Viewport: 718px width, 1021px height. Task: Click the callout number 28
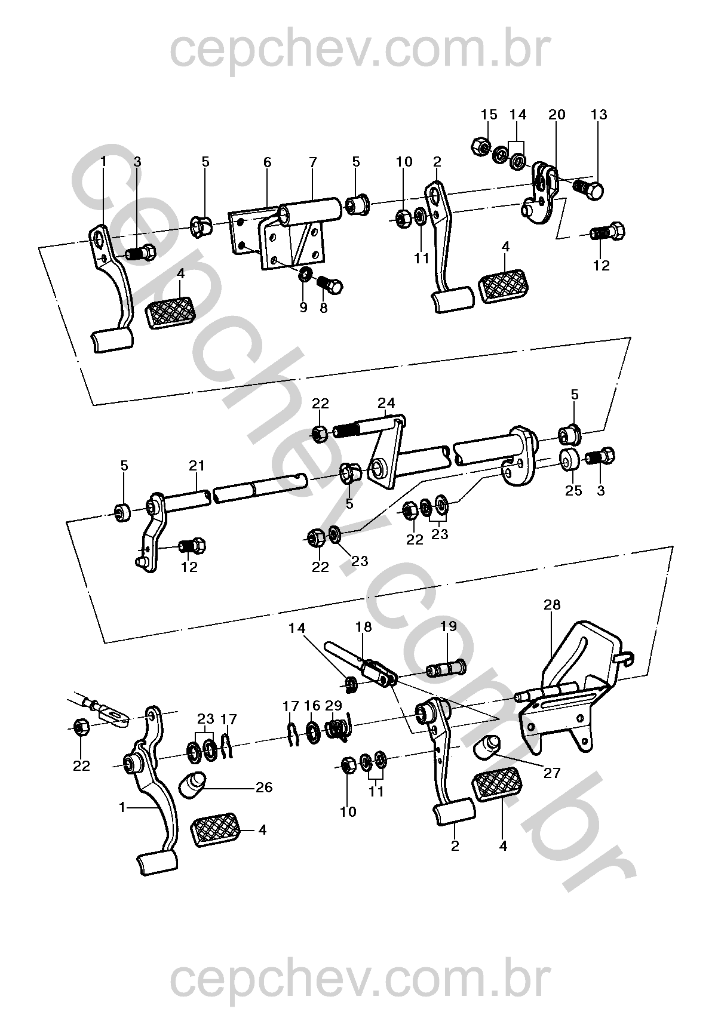[x=551, y=605]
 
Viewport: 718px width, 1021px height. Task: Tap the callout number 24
[x=386, y=403]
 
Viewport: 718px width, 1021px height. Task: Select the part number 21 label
[x=197, y=466]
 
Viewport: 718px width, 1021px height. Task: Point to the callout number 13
[x=599, y=115]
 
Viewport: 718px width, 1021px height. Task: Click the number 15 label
[x=489, y=115]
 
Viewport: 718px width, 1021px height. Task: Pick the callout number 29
[x=334, y=706]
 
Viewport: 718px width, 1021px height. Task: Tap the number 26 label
[x=264, y=787]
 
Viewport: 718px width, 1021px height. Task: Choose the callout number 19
[x=449, y=626]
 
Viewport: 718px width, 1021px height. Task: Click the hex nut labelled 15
[x=481, y=146]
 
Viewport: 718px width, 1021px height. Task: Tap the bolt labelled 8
[x=330, y=285]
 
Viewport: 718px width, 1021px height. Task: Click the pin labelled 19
[x=446, y=669]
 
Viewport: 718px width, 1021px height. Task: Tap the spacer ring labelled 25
[x=570, y=460]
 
